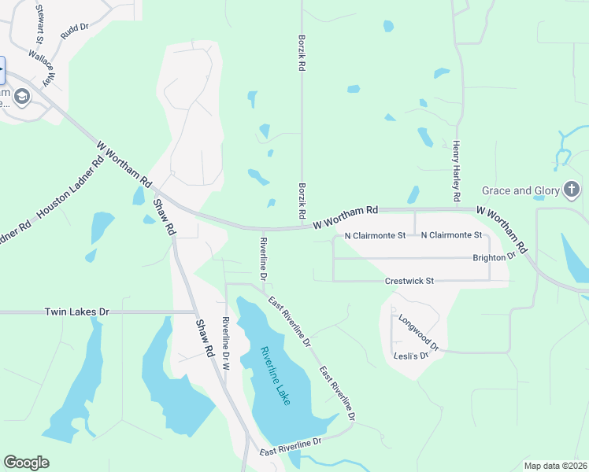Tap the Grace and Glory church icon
pos(572,190)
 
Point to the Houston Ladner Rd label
pos(71,186)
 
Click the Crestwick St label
pos(409,281)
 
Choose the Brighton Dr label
pos(494,256)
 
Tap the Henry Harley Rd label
pos(455,170)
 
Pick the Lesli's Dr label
pos(409,356)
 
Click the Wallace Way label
pos(44,68)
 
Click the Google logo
pos(26,463)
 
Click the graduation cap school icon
pos(21,97)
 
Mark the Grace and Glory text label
pos(520,190)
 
